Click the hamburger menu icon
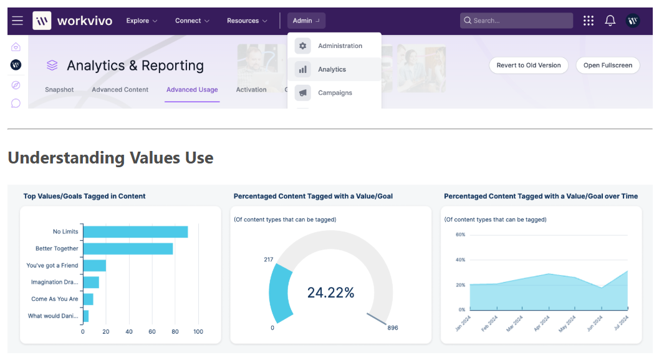pyautogui.click(x=17, y=21)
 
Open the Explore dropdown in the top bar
pyautogui.click(x=142, y=21)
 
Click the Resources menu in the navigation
pyautogui.click(x=247, y=21)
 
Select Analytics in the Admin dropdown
pyautogui.click(x=332, y=69)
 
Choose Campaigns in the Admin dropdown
pyautogui.click(x=335, y=92)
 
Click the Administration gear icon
pyautogui.click(x=303, y=46)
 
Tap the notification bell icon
pyautogui.click(x=610, y=21)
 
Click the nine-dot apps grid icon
pyautogui.click(x=589, y=21)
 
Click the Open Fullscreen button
pyautogui.click(x=607, y=65)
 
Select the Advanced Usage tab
pyautogui.click(x=192, y=90)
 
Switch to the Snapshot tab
pyautogui.click(x=59, y=90)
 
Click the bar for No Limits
pyautogui.click(x=135, y=231)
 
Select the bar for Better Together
pyautogui.click(x=128, y=248)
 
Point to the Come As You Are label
pyautogui.click(x=55, y=299)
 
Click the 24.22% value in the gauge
pyautogui.click(x=330, y=292)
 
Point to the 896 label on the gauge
pyautogui.click(x=392, y=328)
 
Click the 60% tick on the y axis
pyautogui.click(x=460, y=235)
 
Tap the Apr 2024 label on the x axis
pyautogui.click(x=541, y=324)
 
